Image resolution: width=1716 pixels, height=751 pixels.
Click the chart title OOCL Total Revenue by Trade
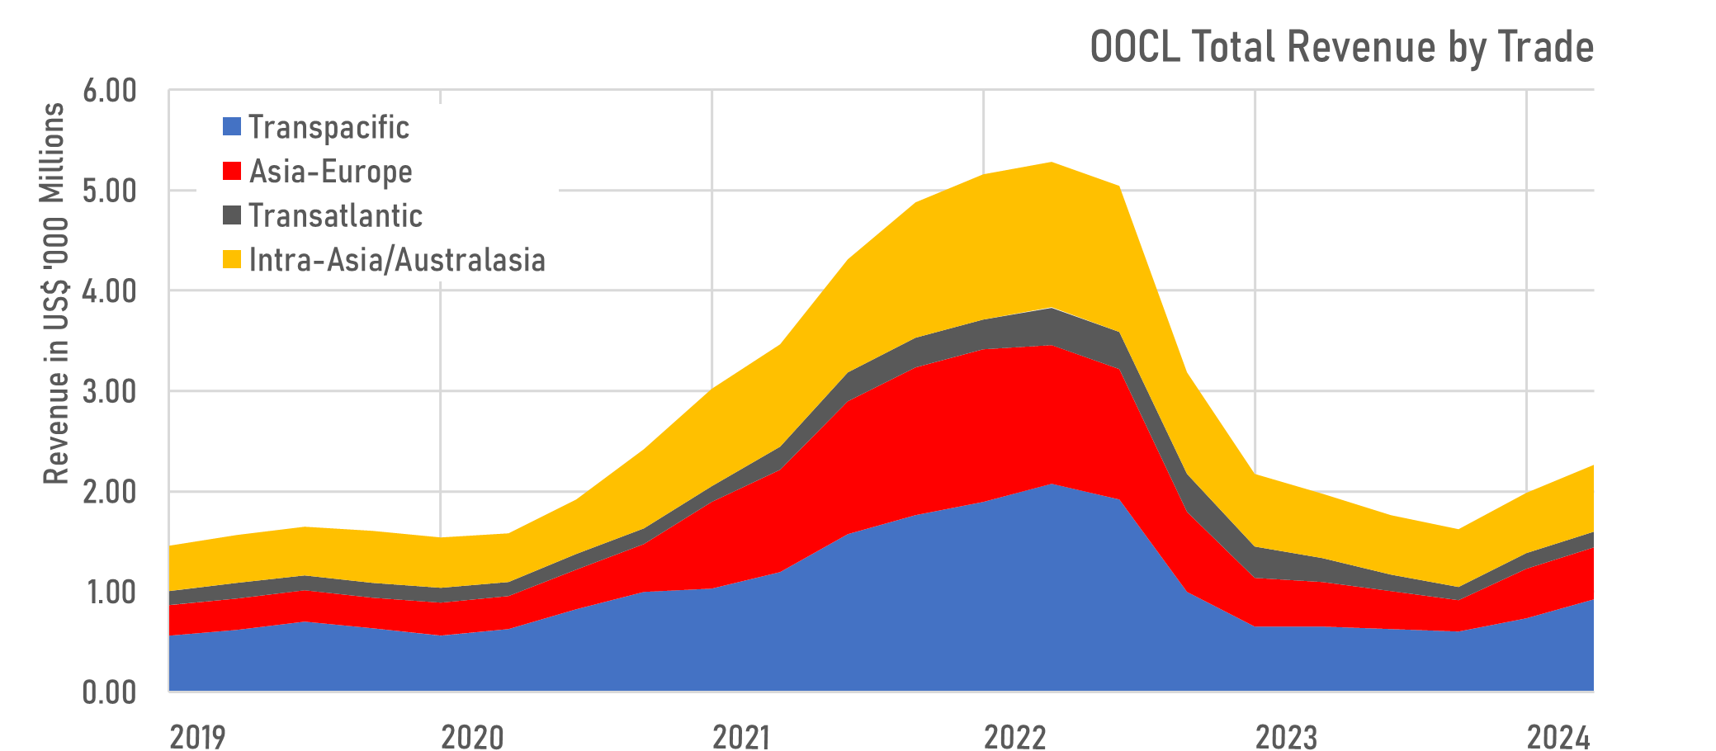1341,47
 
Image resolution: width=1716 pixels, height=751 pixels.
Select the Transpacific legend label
329,127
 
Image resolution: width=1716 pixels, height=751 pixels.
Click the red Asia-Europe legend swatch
232,171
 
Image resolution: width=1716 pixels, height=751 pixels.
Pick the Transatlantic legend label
335,215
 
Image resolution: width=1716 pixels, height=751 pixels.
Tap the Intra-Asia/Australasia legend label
397,260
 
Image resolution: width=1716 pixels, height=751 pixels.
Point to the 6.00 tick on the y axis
109,91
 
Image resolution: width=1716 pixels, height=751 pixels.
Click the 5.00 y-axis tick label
109,191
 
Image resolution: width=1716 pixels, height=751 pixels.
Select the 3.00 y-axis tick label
109,391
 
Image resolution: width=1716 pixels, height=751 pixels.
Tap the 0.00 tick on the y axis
109,692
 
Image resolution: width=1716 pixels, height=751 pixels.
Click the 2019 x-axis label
197,735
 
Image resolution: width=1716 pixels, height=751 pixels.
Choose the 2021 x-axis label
741,735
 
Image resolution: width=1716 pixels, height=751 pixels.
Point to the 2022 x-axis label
1014,735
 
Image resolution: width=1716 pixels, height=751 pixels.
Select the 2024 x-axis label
1558,735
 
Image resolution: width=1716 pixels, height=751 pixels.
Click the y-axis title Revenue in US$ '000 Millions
54,293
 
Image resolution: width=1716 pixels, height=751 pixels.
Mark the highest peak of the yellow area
1052,163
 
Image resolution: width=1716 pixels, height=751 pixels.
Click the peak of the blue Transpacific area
1052,485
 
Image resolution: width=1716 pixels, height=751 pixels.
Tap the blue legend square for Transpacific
232,126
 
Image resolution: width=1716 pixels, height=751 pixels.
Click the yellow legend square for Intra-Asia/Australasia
232,259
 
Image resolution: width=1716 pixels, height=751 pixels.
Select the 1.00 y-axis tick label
109,592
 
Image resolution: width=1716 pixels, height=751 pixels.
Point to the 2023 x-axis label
1286,735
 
